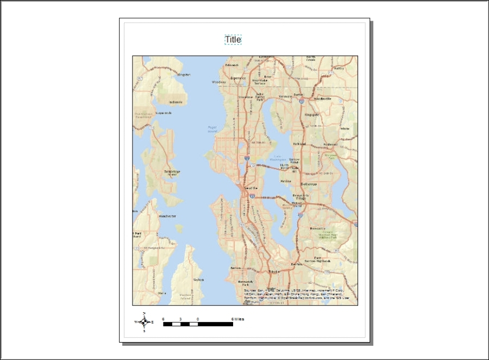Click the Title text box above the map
233,40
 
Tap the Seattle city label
250,188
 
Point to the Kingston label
184,75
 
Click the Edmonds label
232,65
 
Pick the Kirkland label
299,144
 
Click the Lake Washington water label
281,158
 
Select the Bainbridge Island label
172,173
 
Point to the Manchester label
167,216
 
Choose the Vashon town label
198,280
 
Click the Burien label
236,268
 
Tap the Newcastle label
317,229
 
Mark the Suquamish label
163,113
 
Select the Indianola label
175,102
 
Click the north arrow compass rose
144,322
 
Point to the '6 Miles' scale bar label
237,319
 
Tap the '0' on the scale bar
198,319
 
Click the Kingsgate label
311,115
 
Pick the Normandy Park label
246,283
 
